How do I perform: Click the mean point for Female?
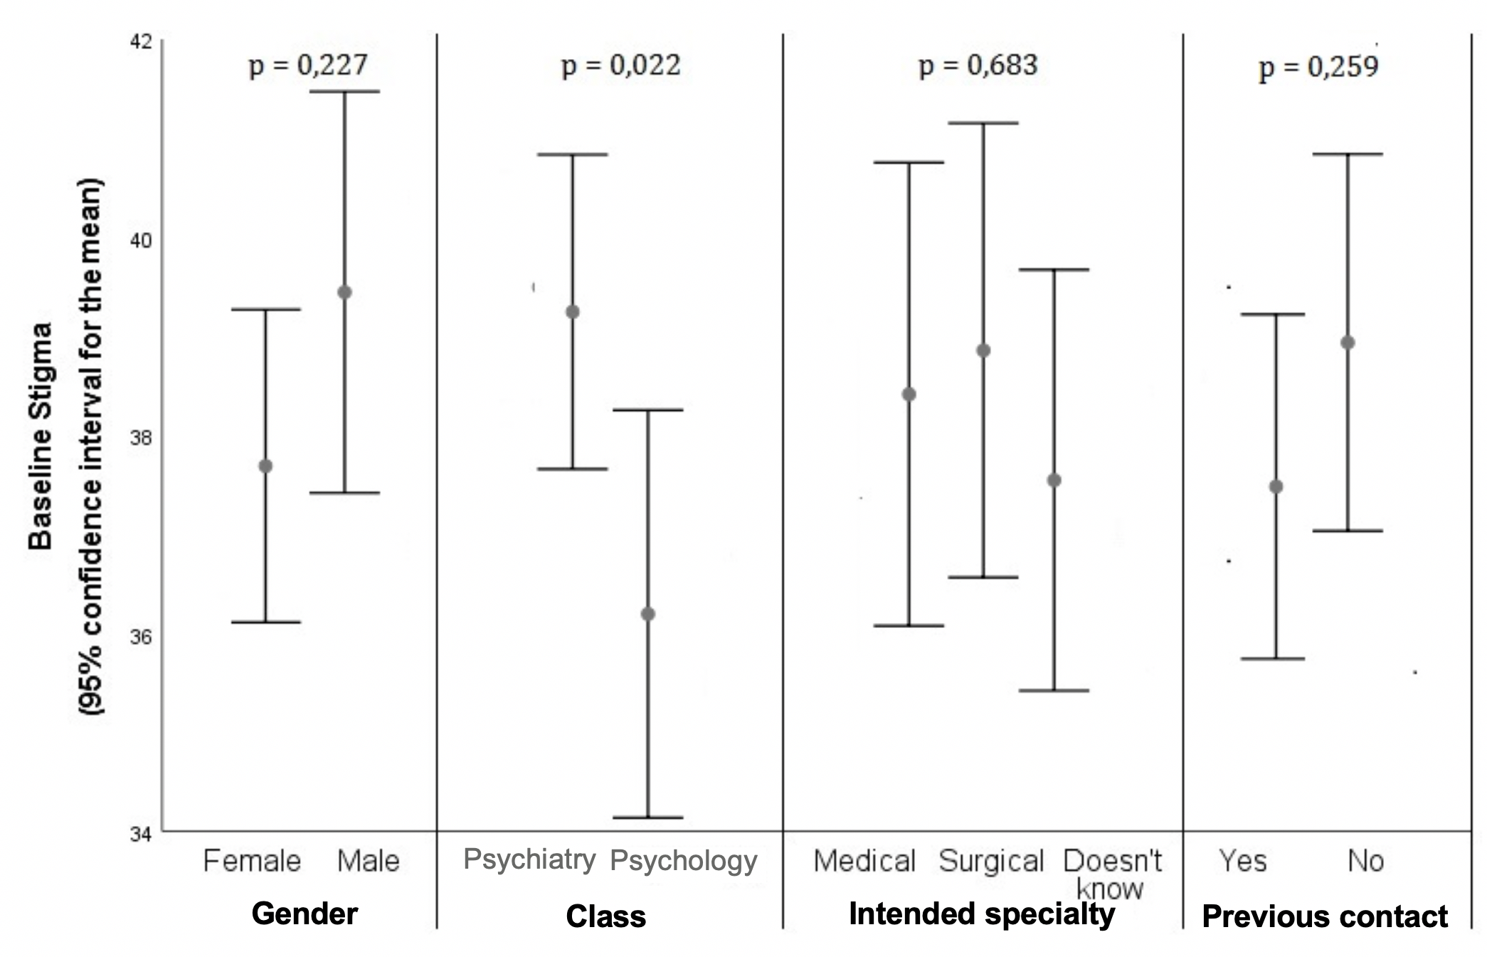point(265,466)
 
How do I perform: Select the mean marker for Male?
point(344,292)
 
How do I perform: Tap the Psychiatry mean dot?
point(572,312)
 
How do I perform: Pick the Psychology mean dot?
point(647,614)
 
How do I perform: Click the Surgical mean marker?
point(983,350)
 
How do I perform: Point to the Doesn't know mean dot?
point(1054,481)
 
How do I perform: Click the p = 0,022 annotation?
point(621,66)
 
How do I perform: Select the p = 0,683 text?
point(978,66)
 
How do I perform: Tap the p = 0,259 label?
point(1318,68)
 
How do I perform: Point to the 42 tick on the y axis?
point(141,41)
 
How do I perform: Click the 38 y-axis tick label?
point(141,438)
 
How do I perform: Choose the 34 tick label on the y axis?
point(141,834)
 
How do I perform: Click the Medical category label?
point(864,862)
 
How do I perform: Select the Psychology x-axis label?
point(684,862)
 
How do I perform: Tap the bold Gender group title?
point(305,914)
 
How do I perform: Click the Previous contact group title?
point(1325,917)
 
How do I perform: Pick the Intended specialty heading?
point(982,914)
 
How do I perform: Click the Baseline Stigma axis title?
point(40,436)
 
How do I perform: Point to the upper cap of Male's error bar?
point(344,92)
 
